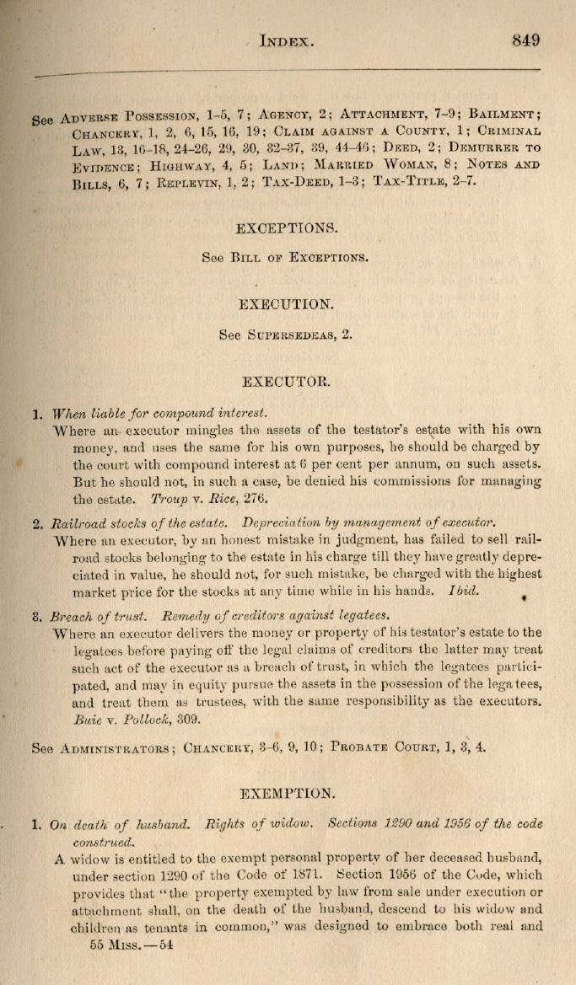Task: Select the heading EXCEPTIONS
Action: [x=288, y=228]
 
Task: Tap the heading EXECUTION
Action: [x=288, y=304]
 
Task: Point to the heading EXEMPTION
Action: [x=287, y=793]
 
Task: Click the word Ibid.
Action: [x=463, y=591]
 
